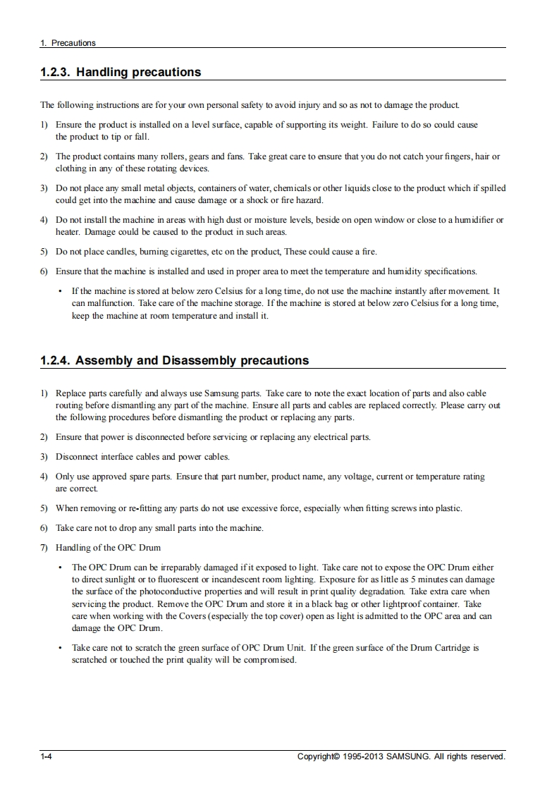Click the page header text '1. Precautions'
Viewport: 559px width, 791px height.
68,43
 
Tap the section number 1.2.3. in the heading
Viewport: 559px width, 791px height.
55,72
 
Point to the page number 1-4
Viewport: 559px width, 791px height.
47,756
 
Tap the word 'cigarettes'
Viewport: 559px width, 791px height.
206,251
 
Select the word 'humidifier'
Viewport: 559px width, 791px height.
472,220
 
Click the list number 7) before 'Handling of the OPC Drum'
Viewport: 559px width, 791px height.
44,547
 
